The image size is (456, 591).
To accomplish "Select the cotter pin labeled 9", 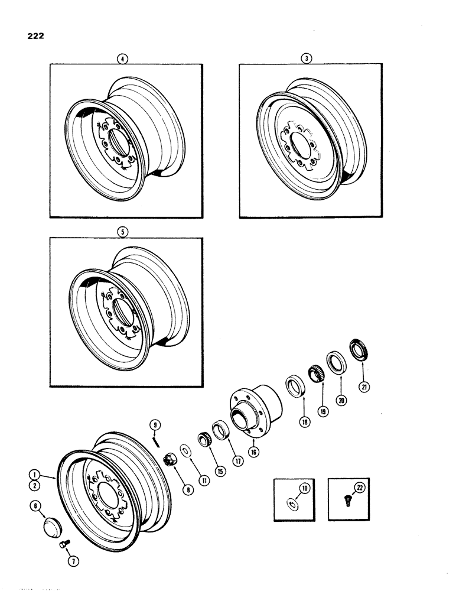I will tap(155, 440).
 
